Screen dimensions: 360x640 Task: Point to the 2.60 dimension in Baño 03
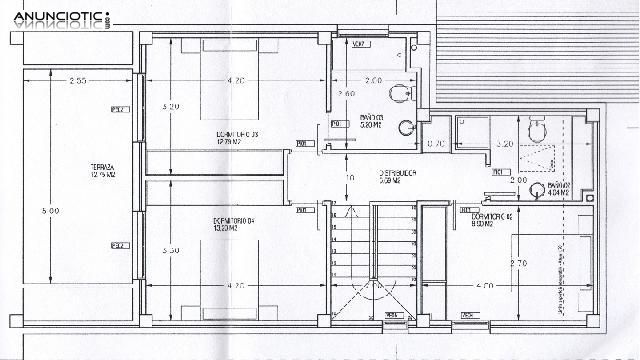[347, 94]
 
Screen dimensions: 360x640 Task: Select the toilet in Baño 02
[536, 129]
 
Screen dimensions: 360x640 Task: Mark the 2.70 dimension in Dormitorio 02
[520, 263]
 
